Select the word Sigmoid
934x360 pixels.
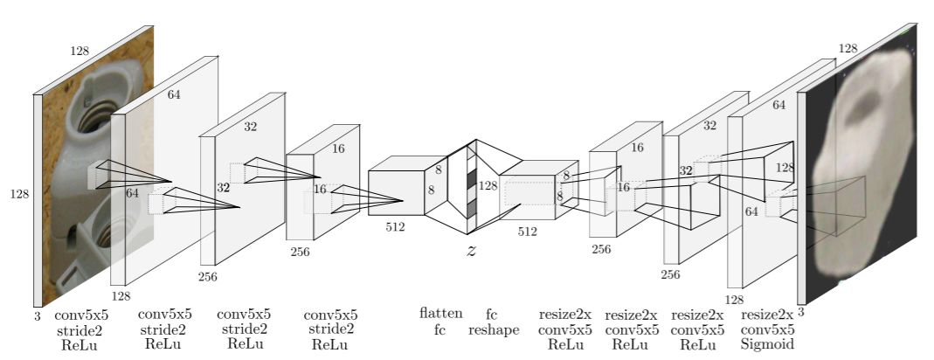pos(767,345)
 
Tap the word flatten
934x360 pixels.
pos(440,313)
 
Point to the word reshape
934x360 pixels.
pos(494,329)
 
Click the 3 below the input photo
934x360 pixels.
pos(38,317)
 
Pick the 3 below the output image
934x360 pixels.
pos(801,311)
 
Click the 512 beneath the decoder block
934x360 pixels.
pos(527,232)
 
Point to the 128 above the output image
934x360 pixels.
pos(848,49)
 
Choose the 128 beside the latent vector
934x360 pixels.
pos(488,185)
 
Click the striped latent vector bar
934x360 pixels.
pos(472,188)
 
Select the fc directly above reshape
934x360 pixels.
pos(491,313)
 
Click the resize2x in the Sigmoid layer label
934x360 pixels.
pos(767,315)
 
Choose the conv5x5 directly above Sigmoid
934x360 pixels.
pos(767,329)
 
